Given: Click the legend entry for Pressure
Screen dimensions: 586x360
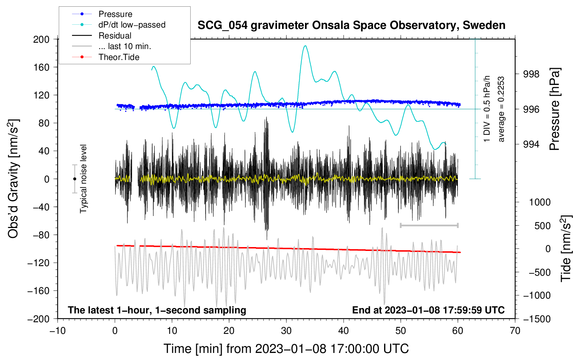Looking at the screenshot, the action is (x=102, y=14).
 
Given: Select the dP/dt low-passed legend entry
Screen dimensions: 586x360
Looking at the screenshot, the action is (x=119, y=25).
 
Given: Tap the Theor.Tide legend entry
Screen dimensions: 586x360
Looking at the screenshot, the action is (x=106, y=57).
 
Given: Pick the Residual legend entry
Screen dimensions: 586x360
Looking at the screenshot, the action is (x=102, y=35).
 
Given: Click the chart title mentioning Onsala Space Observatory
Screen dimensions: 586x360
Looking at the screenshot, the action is (x=351, y=25).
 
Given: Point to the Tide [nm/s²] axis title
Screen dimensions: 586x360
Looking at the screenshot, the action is (x=566, y=248).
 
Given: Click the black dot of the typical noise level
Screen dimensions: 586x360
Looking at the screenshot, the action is (x=74, y=179).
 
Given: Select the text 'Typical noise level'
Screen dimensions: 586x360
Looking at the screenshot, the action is (x=83, y=179).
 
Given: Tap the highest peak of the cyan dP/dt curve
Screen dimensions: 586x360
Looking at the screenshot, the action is (x=305, y=46).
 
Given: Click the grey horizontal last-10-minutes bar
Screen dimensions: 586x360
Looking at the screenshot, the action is (x=429, y=225).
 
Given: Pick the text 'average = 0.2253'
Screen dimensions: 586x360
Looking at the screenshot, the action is (x=501, y=109).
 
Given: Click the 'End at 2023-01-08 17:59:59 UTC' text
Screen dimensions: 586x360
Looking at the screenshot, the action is (x=428, y=310).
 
